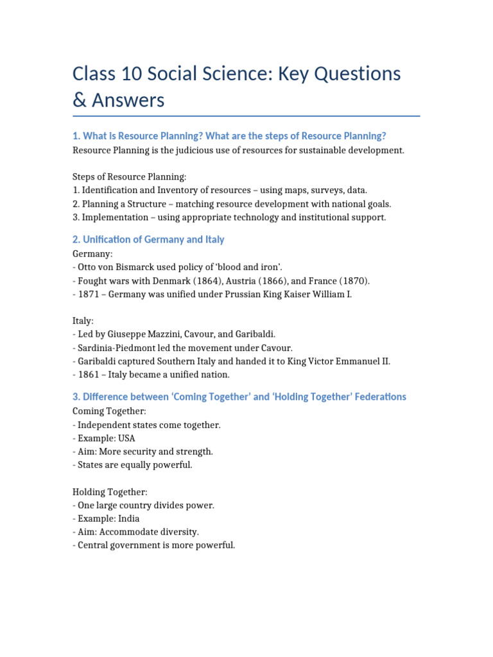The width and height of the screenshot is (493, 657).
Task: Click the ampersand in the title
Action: click(80, 100)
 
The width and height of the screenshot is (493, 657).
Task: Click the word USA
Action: click(126, 438)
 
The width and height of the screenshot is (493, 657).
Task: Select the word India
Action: click(128, 518)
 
